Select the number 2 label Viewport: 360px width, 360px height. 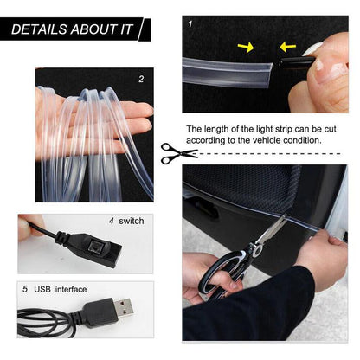(x=141, y=80)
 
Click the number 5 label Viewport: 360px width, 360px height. (x=24, y=288)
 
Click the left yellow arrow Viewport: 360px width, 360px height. (x=246, y=47)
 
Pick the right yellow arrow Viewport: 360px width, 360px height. (x=286, y=46)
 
